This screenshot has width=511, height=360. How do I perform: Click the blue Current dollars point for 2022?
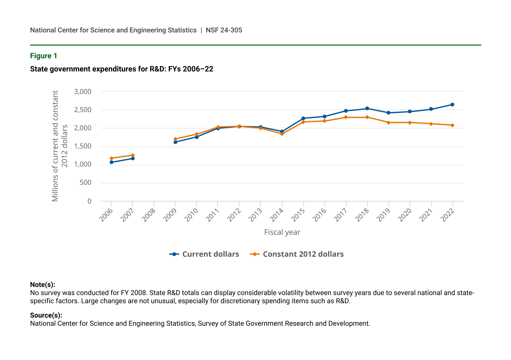click(452, 105)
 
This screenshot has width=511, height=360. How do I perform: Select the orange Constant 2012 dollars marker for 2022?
click(452, 125)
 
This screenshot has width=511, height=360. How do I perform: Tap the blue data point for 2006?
click(111, 162)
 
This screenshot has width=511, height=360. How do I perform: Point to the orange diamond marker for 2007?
click(133, 155)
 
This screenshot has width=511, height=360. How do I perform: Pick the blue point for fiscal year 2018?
click(367, 108)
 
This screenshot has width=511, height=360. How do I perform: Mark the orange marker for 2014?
click(282, 134)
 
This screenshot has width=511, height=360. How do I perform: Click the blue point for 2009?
click(175, 142)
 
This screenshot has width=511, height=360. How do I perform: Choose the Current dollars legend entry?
click(205, 254)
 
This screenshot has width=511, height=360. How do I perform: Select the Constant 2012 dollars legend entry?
click(297, 254)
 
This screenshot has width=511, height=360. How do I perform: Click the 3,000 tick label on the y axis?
click(83, 91)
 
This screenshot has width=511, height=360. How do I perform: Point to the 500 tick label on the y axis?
click(85, 183)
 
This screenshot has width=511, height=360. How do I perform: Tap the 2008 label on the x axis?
click(149, 215)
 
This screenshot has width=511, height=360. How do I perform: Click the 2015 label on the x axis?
click(298, 215)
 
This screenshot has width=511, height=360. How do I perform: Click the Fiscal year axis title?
click(282, 232)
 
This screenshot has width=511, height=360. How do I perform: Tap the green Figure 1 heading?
click(44, 56)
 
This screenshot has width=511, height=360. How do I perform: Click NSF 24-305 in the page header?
click(224, 30)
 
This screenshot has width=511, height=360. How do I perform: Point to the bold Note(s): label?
click(43, 285)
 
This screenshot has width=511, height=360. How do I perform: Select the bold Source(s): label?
click(46, 315)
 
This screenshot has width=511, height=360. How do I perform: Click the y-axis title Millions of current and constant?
click(55, 146)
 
